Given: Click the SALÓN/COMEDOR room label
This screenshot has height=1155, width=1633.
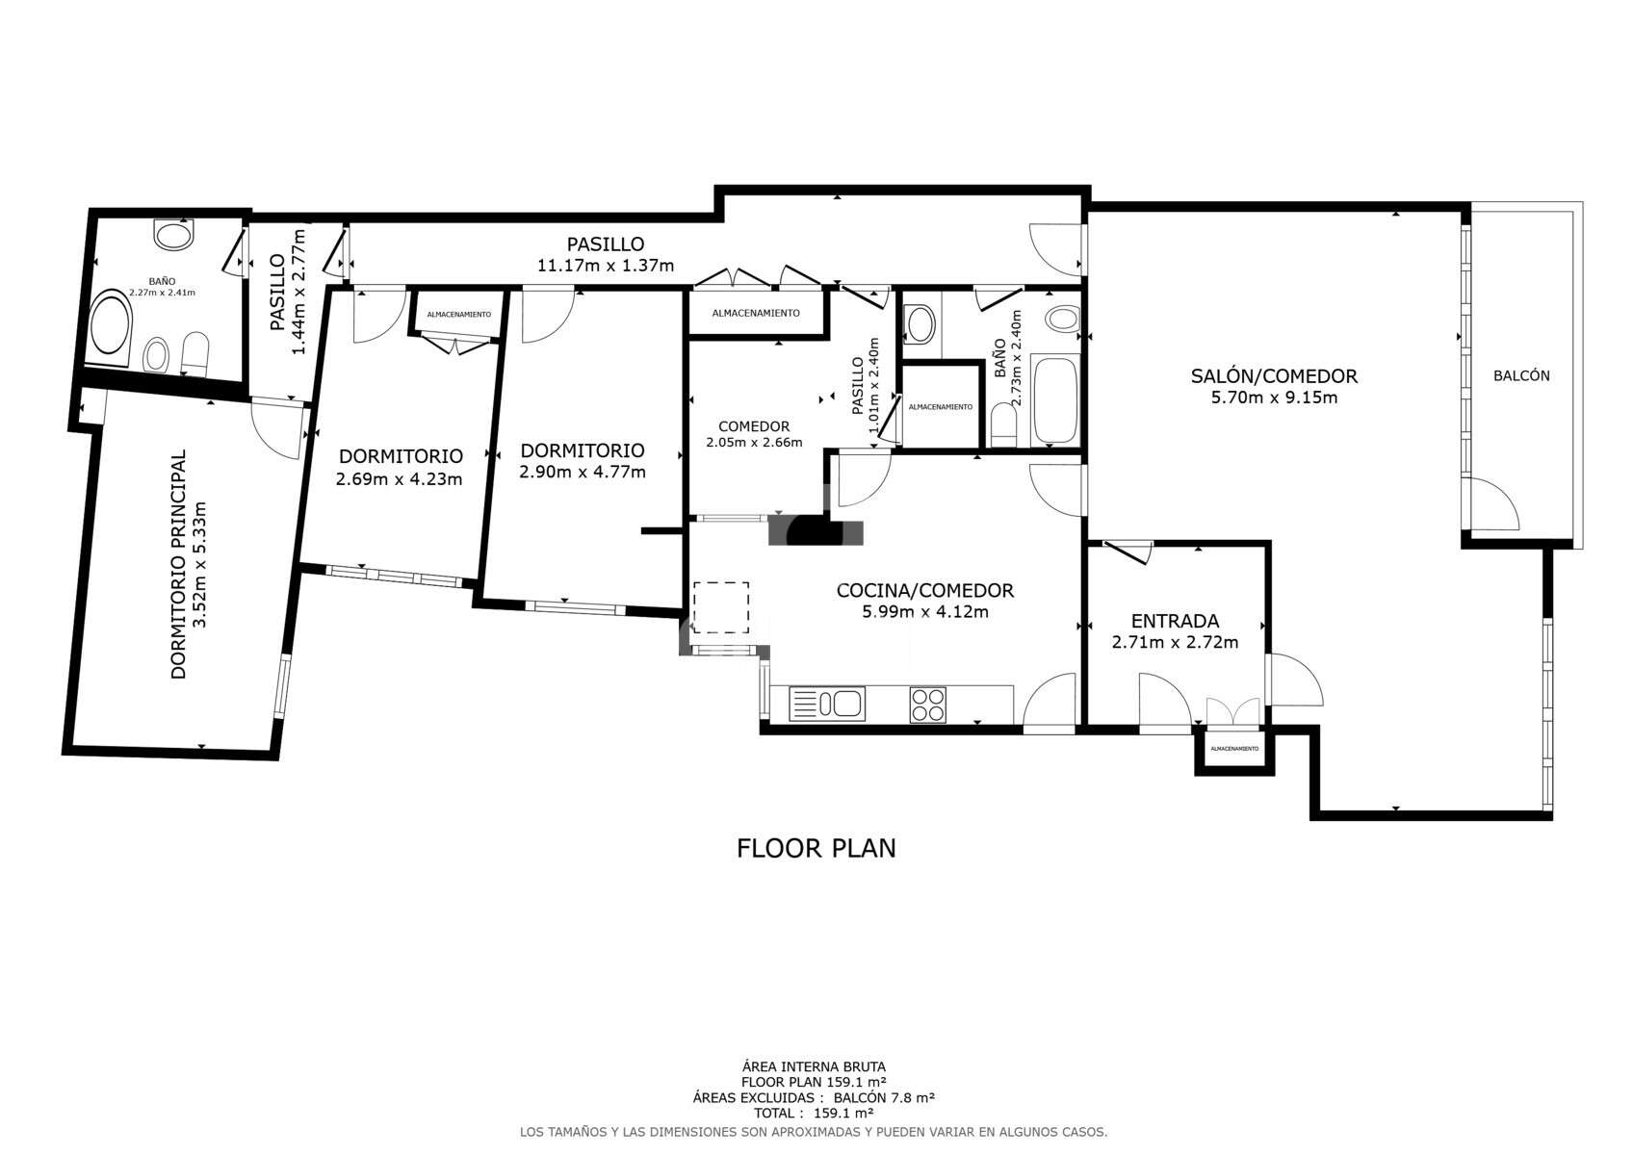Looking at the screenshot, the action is (1274, 376).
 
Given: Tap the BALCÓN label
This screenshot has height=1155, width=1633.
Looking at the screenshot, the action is (1521, 376).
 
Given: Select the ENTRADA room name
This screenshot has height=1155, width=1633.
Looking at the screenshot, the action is (1175, 621).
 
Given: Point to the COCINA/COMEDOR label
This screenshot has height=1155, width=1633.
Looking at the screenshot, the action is (924, 590).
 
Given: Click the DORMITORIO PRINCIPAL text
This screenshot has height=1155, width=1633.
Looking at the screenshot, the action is (179, 564).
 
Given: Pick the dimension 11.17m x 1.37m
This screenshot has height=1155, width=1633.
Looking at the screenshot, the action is (605, 266).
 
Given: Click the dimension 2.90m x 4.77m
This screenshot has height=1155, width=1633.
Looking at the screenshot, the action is (582, 473).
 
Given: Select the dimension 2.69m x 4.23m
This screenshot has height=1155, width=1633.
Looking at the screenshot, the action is (399, 479).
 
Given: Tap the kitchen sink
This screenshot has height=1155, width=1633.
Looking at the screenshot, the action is (827, 704).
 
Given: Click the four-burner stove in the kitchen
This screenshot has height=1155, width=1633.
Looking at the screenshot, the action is (928, 705).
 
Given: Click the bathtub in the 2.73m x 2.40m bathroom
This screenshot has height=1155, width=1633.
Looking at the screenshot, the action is (1055, 400).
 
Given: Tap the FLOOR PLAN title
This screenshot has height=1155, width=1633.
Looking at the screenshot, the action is (816, 848).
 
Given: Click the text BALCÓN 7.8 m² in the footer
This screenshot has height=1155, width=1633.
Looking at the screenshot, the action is (884, 1097).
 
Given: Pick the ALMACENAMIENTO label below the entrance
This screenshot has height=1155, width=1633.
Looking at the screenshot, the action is (1234, 749).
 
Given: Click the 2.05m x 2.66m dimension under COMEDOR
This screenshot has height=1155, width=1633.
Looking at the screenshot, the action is (754, 443).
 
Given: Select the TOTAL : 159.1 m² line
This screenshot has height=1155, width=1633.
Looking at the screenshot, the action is (814, 1113).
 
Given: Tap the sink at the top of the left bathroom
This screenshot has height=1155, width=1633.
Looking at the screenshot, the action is (175, 234).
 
